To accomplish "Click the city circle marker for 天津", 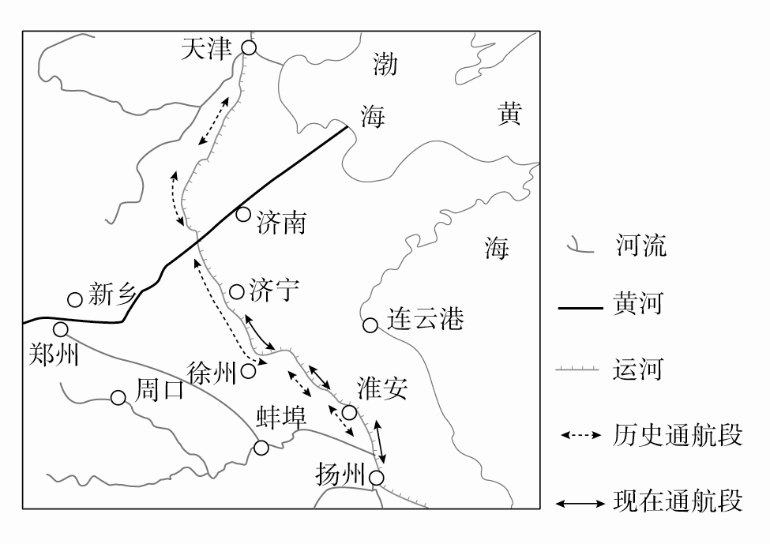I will point(249,48).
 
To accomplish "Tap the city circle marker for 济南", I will point(243,215).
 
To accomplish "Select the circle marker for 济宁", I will point(236,292).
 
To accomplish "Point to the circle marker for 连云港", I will point(370,325).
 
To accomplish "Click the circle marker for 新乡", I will point(75,299).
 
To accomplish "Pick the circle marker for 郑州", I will point(61,329).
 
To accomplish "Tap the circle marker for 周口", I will point(118,398).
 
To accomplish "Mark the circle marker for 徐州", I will point(248,370).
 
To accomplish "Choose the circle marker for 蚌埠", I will point(261,448).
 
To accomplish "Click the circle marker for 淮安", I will point(349,412).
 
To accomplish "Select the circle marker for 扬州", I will point(377,478).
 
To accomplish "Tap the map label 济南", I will point(281,224).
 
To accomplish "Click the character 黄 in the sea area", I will point(509,115).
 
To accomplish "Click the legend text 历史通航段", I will point(678,435).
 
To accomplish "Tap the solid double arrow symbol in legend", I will point(580,502).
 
